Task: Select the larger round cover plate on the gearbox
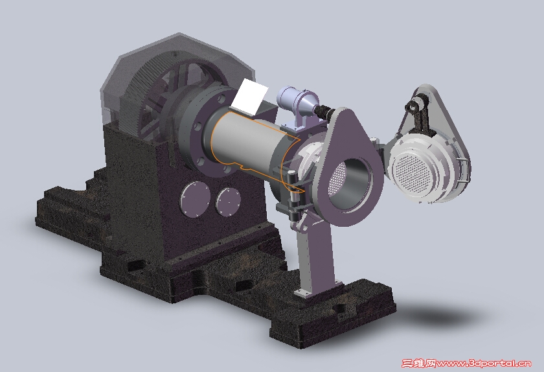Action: pyautogui.click(x=195, y=200)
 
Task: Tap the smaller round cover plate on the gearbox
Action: pyautogui.click(x=228, y=201)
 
